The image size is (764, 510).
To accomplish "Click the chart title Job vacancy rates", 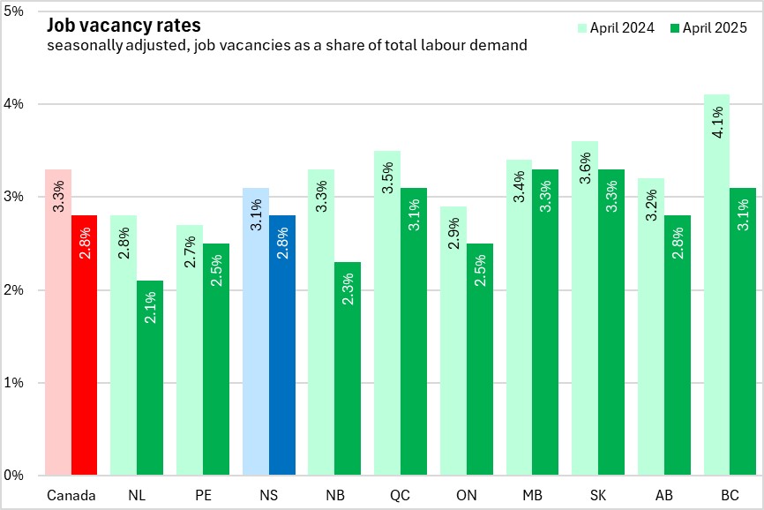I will point(119,25).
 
